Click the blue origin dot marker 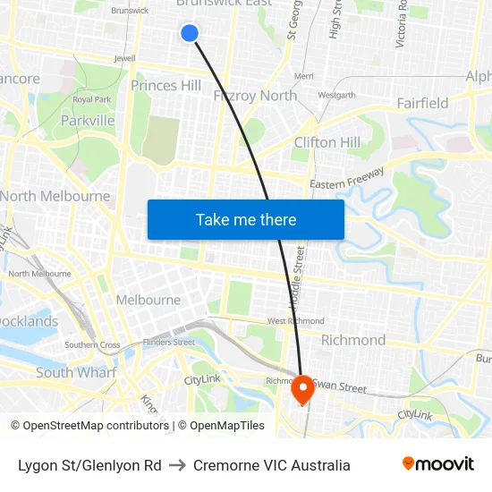pyautogui.click(x=189, y=33)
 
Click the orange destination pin pyautogui.click(x=301, y=388)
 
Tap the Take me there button pyautogui.click(x=246, y=219)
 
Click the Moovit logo pyautogui.click(x=438, y=464)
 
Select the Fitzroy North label pyautogui.click(x=255, y=96)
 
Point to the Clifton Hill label pyautogui.click(x=327, y=142)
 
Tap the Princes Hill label pyautogui.click(x=165, y=85)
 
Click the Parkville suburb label pyautogui.click(x=88, y=120)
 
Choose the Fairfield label pyautogui.click(x=422, y=103)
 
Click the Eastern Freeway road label pyautogui.click(x=347, y=178)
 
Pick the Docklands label pyautogui.click(x=29, y=321)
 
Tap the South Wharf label pyautogui.click(x=76, y=372)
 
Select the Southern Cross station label pyautogui.click(x=92, y=344)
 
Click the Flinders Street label pyautogui.click(x=170, y=342)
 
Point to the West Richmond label pyautogui.click(x=295, y=320)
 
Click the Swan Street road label pyautogui.click(x=340, y=388)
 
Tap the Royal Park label pyautogui.click(x=90, y=99)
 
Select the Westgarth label pyautogui.click(x=336, y=94)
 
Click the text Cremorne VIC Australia pyautogui.click(x=271, y=465)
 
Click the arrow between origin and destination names pyautogui.click(x=176, y=465)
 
